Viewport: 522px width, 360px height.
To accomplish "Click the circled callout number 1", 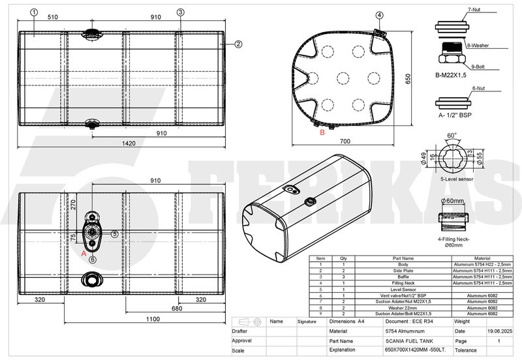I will tap(33, 12).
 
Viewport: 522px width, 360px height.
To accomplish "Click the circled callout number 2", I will tap(239, 44).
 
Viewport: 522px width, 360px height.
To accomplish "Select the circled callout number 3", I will tap(181, 12).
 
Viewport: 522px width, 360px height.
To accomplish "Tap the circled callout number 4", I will tap(380, 15).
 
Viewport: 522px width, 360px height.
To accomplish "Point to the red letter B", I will tap(322, 132).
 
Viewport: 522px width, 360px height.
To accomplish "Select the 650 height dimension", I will tap(408, 78).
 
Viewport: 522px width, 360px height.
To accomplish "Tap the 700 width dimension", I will tap(345, 141).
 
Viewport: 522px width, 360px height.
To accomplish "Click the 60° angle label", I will tap(452, 136).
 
